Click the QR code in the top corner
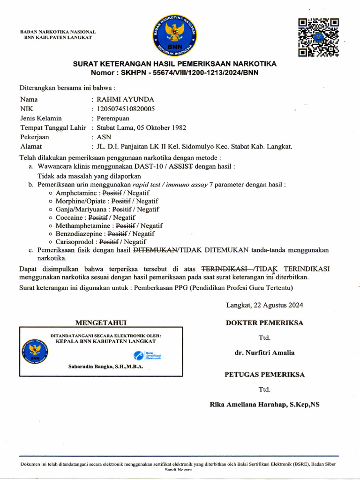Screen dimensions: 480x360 click(318, 37)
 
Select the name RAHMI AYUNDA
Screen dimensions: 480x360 click(125, 99)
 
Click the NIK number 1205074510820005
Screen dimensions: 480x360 click(125, 109)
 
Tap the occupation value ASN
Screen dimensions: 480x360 click(104, 137)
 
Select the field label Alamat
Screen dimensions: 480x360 click(31, 146)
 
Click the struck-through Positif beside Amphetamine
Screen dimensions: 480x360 click(112, 193)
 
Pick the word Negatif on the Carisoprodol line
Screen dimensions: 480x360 click(135, 242)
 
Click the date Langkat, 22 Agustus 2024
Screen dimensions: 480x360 click(264, 305)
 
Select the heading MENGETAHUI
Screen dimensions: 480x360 click(101, 322)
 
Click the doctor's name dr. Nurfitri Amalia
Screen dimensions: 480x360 click(264, 352)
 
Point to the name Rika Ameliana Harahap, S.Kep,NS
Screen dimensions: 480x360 click(264, 404)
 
